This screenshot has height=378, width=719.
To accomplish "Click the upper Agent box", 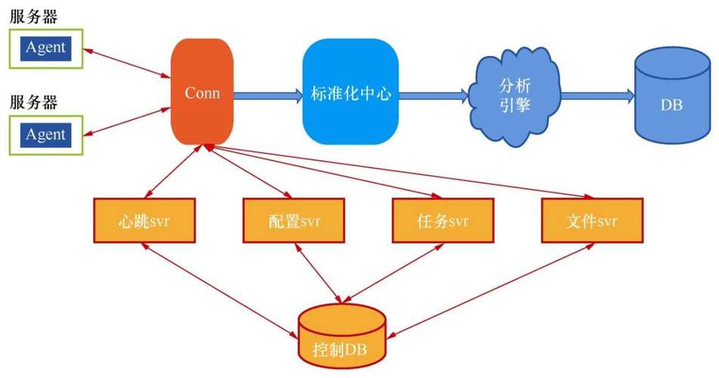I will click(x=45, y=48).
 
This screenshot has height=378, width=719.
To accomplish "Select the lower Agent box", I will click(x=45, y=135).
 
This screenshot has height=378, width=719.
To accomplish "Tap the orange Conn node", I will click(x=202, y=93).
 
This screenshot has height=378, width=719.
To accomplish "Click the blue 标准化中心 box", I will click(x=350, y=93).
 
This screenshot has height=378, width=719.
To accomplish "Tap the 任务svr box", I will click(x=443, y=222).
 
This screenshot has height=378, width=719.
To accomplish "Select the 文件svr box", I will click(x=592, y=222).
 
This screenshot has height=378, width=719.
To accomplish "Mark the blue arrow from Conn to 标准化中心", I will click(x=268, y=94).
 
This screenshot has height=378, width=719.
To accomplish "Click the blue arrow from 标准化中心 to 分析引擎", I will click(x=433, y=94).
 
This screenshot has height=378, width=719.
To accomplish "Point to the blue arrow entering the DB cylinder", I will click(x=597, y=94).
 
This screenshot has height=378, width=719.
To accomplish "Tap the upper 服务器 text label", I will click(x=33, y=16).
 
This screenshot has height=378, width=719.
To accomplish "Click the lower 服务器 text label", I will click(x=33, y=103).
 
